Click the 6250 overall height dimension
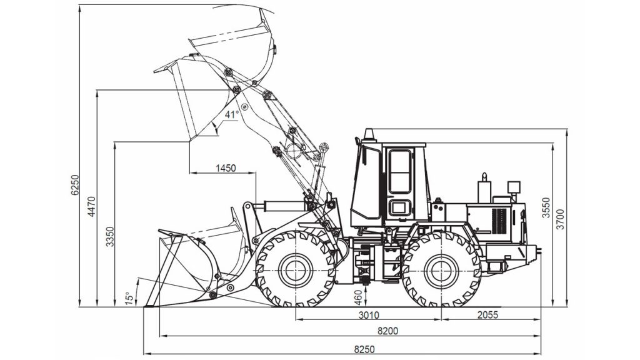click(x=74, y=185)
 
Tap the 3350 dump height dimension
click(x=110, y=236)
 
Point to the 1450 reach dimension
click(x=226, y=167)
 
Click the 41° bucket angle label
click(x=231, y=115)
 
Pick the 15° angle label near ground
click(x=129, y=298)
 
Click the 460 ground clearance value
click(x=358, y=297)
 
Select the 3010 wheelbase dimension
click(x=369, y=315)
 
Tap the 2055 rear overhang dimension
click(x=487, y=315)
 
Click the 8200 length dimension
click(x=387, y=331)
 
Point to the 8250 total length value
click(x=364, y=349)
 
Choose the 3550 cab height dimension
click(x=546, y=207)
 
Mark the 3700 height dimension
click(x=561, y=219)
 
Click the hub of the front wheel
click(x=295, y=269)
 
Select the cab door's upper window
click(x=399, y=171)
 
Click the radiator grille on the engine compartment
click(x=499, y=221)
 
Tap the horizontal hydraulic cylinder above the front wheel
click(x=285, y=206)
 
